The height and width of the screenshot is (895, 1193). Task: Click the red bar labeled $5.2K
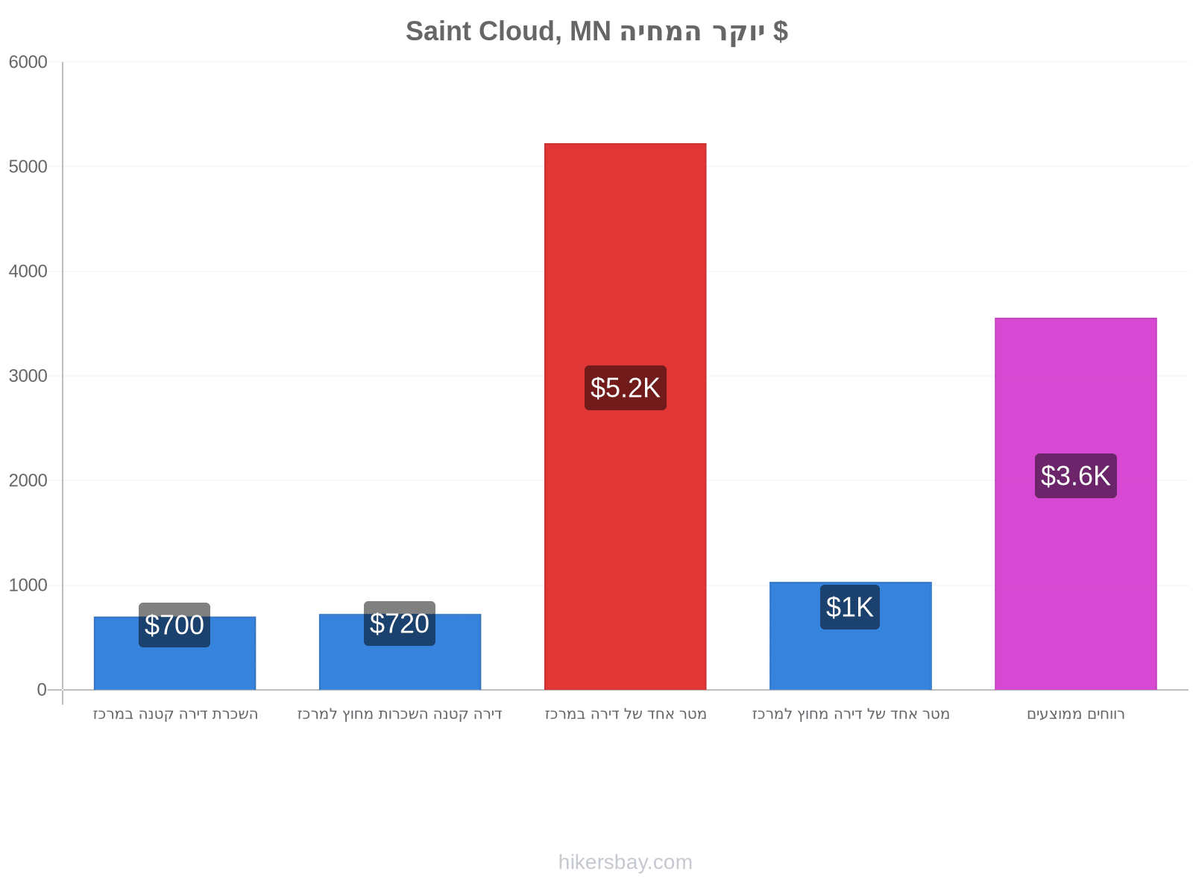click(x=625, y=416)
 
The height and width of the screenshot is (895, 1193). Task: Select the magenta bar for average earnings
click(x=1076, y=503)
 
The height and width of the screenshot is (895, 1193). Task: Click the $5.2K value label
click(x=626, y=388)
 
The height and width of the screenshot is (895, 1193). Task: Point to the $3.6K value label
click(x=1076, y=476)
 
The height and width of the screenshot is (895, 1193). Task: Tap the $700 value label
click(x=174, y=625)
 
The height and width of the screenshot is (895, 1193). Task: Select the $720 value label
click(x=400, y=624)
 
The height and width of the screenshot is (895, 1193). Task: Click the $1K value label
click(x=850, y=608)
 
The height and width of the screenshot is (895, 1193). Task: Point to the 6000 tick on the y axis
click(x=28, y=62)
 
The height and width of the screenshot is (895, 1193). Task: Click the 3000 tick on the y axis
click(x=28, y=376)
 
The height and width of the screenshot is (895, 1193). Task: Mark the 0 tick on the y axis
click(x=42, y=690)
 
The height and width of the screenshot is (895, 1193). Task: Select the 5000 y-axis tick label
click(x=28, y=167)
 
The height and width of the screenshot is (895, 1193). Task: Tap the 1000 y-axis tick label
click(x=28, y=585)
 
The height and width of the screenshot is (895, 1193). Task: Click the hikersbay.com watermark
click(x=626, y=862)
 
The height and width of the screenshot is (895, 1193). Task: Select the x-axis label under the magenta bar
click(x=1076, y=714)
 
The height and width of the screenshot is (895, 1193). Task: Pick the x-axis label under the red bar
click(x=626, y=714)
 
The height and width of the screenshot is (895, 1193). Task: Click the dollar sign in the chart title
click(x=781, y=31)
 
